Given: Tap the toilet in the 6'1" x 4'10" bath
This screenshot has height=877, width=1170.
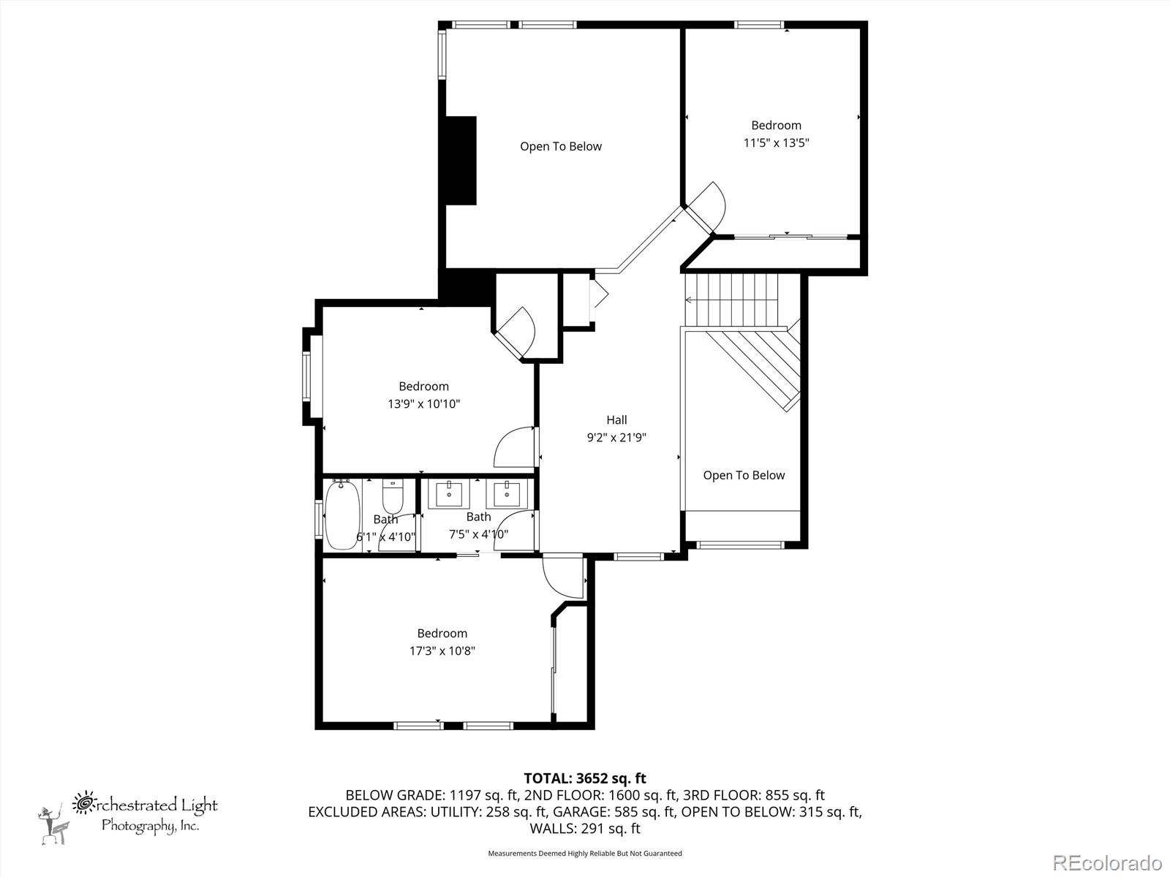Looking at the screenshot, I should (x=393, y=496).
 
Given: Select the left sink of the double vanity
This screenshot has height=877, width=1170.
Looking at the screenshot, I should (x=448, y=495).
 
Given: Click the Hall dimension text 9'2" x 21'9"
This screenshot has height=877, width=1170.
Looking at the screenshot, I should (x=616, y=438).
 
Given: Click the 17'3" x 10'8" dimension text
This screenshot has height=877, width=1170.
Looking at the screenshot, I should (x=442, y=650).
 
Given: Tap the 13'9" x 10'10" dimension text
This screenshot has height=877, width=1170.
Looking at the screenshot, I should (x=423, y=403).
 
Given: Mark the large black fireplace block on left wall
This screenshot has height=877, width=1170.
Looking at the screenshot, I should (x=461, y=160).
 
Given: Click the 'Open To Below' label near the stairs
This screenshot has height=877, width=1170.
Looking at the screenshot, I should (x=744, y=475).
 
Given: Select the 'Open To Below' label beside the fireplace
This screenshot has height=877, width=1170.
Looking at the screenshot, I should (x=561, y=146).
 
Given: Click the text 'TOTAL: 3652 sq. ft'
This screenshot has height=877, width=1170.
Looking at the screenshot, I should (x=584, y=778).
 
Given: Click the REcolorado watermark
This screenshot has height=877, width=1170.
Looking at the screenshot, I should (x=1107, y=862).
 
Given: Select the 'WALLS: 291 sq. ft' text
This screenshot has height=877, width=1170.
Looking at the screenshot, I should (x=584, y=828).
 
